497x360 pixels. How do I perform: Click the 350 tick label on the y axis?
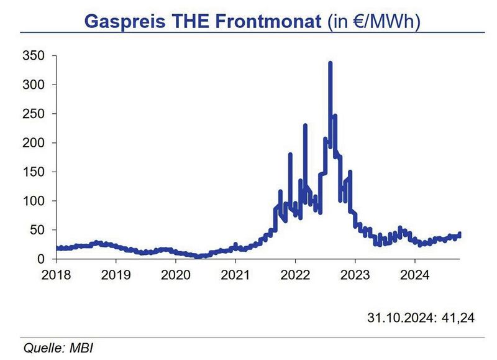point(35,56)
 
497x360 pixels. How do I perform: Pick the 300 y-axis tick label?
point(35,85)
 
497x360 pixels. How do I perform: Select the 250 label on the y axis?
point(35,114)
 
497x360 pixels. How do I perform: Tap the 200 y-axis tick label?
point(35,143)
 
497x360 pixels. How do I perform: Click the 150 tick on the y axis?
point(35,172)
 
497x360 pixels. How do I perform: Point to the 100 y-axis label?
point(35,201)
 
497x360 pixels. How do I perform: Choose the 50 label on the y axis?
point(38,230)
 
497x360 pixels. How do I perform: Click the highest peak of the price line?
point(330,63)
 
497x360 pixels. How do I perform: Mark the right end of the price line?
point(460,234)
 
